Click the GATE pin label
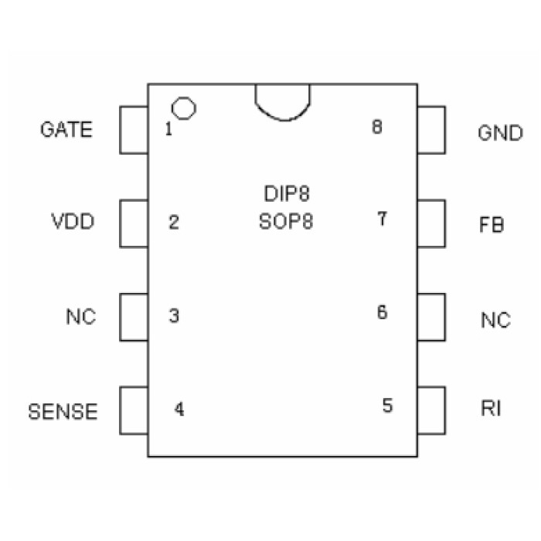click(x=66, y=129)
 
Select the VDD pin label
click(x=73, y=223)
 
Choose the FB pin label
click(x=492, y=226)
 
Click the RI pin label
click(x=490, y=408)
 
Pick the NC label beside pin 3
click(x=81, y=317)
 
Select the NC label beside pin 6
click(x=495, y=320)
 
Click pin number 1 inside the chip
click(x=168, y=129)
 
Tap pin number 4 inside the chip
click(x=179, y=410)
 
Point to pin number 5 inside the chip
click(x=387, y=405)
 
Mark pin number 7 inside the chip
click(x=382, y=219)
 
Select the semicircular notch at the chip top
click(x=283, y=100)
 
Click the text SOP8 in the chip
click(x=287, y=223)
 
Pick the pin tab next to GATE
click(x=134, y=129)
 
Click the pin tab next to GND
click(x=431, y=129)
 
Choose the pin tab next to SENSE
click(x=134, y=410)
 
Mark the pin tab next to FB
click(x=431, y=223)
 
